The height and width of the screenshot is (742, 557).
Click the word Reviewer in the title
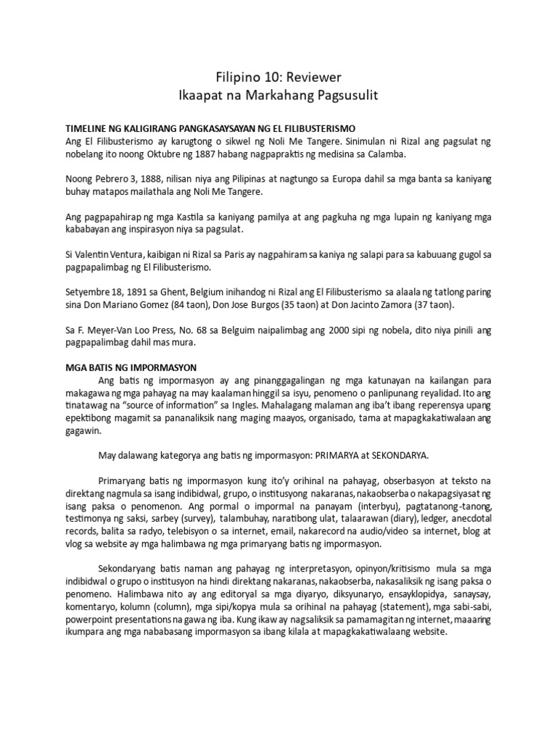[x=311, y=77]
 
